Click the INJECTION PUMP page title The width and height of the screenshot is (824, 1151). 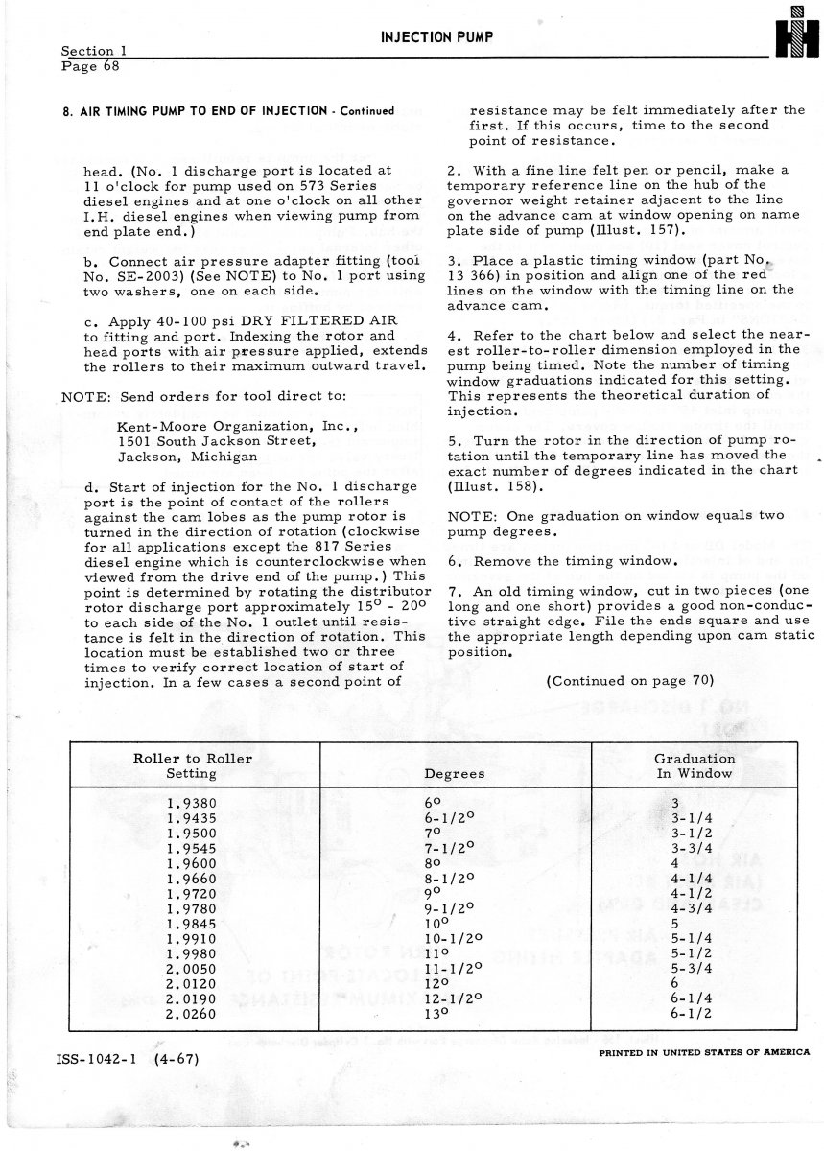436,36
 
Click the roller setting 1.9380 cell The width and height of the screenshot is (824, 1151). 191,804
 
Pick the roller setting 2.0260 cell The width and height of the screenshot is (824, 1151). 191,1013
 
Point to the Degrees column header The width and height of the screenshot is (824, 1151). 454,773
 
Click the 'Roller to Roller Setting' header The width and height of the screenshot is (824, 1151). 192,765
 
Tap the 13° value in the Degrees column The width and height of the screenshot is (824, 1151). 436,1013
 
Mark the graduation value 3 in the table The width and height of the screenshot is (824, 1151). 675,804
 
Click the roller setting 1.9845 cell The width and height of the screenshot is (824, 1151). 191,924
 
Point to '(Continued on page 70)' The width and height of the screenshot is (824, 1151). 629,680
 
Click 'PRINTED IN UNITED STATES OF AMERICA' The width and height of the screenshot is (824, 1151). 703,1051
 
